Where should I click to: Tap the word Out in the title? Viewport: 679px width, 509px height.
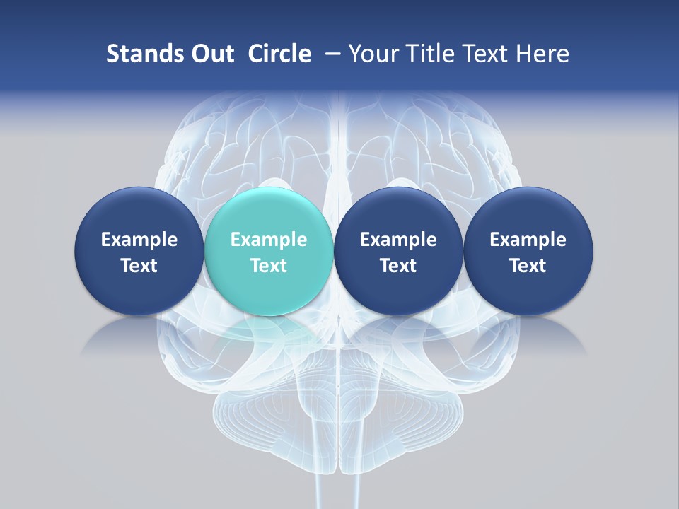(x=207, y=54)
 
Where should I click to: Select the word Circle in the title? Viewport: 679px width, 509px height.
(x=279, y=54)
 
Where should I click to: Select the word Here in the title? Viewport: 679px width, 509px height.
(x=543, y=54)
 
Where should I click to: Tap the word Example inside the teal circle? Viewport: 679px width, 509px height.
(x=269, y=240)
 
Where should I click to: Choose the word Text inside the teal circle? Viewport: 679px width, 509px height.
(x=269, y=266)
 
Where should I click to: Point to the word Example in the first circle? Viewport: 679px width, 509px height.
(x=139, y=240)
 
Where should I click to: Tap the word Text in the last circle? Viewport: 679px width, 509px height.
(x=528, y=266)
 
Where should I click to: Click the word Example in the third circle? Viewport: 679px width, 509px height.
(x=398, y=240)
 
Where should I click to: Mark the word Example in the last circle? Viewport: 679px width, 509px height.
(x=528, y=240)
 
